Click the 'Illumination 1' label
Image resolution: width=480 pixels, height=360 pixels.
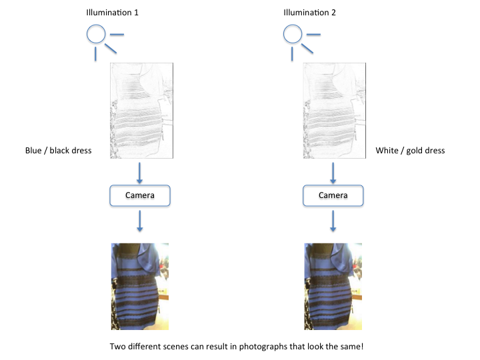[113, 13]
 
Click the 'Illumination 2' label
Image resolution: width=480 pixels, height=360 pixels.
[309, 13]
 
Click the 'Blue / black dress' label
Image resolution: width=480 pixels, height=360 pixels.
[59, 151]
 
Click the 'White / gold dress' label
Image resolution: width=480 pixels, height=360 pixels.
[410, 151]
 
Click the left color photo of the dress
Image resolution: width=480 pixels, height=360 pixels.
[140, 287]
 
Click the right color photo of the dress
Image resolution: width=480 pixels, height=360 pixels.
[333, 287]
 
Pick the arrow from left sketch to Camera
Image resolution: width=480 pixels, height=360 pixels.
[139, 173]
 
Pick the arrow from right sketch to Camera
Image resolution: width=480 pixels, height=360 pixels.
[333, 173]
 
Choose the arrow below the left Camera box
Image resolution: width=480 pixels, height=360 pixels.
[139, 221]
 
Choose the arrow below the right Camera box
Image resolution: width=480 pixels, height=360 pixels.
[333, 221]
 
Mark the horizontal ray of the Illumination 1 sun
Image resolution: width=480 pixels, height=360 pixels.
[117, 34]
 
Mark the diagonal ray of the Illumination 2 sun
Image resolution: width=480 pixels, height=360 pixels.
[307, 49]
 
